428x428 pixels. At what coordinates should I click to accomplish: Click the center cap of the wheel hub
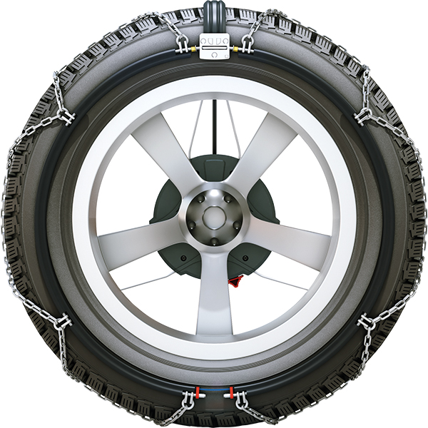(214, 214)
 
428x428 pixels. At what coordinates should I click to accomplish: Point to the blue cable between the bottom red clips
(214, 393)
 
